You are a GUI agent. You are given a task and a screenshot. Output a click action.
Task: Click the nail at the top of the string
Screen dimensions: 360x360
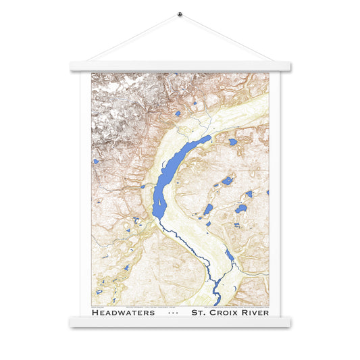(x=180, y=14)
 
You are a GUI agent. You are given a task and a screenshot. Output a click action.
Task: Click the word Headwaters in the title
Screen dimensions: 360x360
(x=123, y=313)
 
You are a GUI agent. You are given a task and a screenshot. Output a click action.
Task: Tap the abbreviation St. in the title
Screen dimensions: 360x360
(x=200, y=313)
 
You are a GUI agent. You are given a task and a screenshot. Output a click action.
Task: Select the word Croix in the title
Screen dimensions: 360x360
(x=225, y=313)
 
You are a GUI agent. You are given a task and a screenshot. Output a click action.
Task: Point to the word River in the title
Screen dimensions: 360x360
(x=255, y=313)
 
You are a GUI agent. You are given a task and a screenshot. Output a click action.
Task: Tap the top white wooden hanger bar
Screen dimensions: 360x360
(x=180, y=67)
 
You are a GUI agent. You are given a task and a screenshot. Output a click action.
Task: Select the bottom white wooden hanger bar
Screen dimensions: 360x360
(x=180, y=323)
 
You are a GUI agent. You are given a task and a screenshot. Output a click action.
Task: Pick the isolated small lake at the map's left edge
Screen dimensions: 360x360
(x=96, y=161)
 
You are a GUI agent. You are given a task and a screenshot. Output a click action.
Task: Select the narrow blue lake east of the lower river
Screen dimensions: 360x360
(x=230, y=255)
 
